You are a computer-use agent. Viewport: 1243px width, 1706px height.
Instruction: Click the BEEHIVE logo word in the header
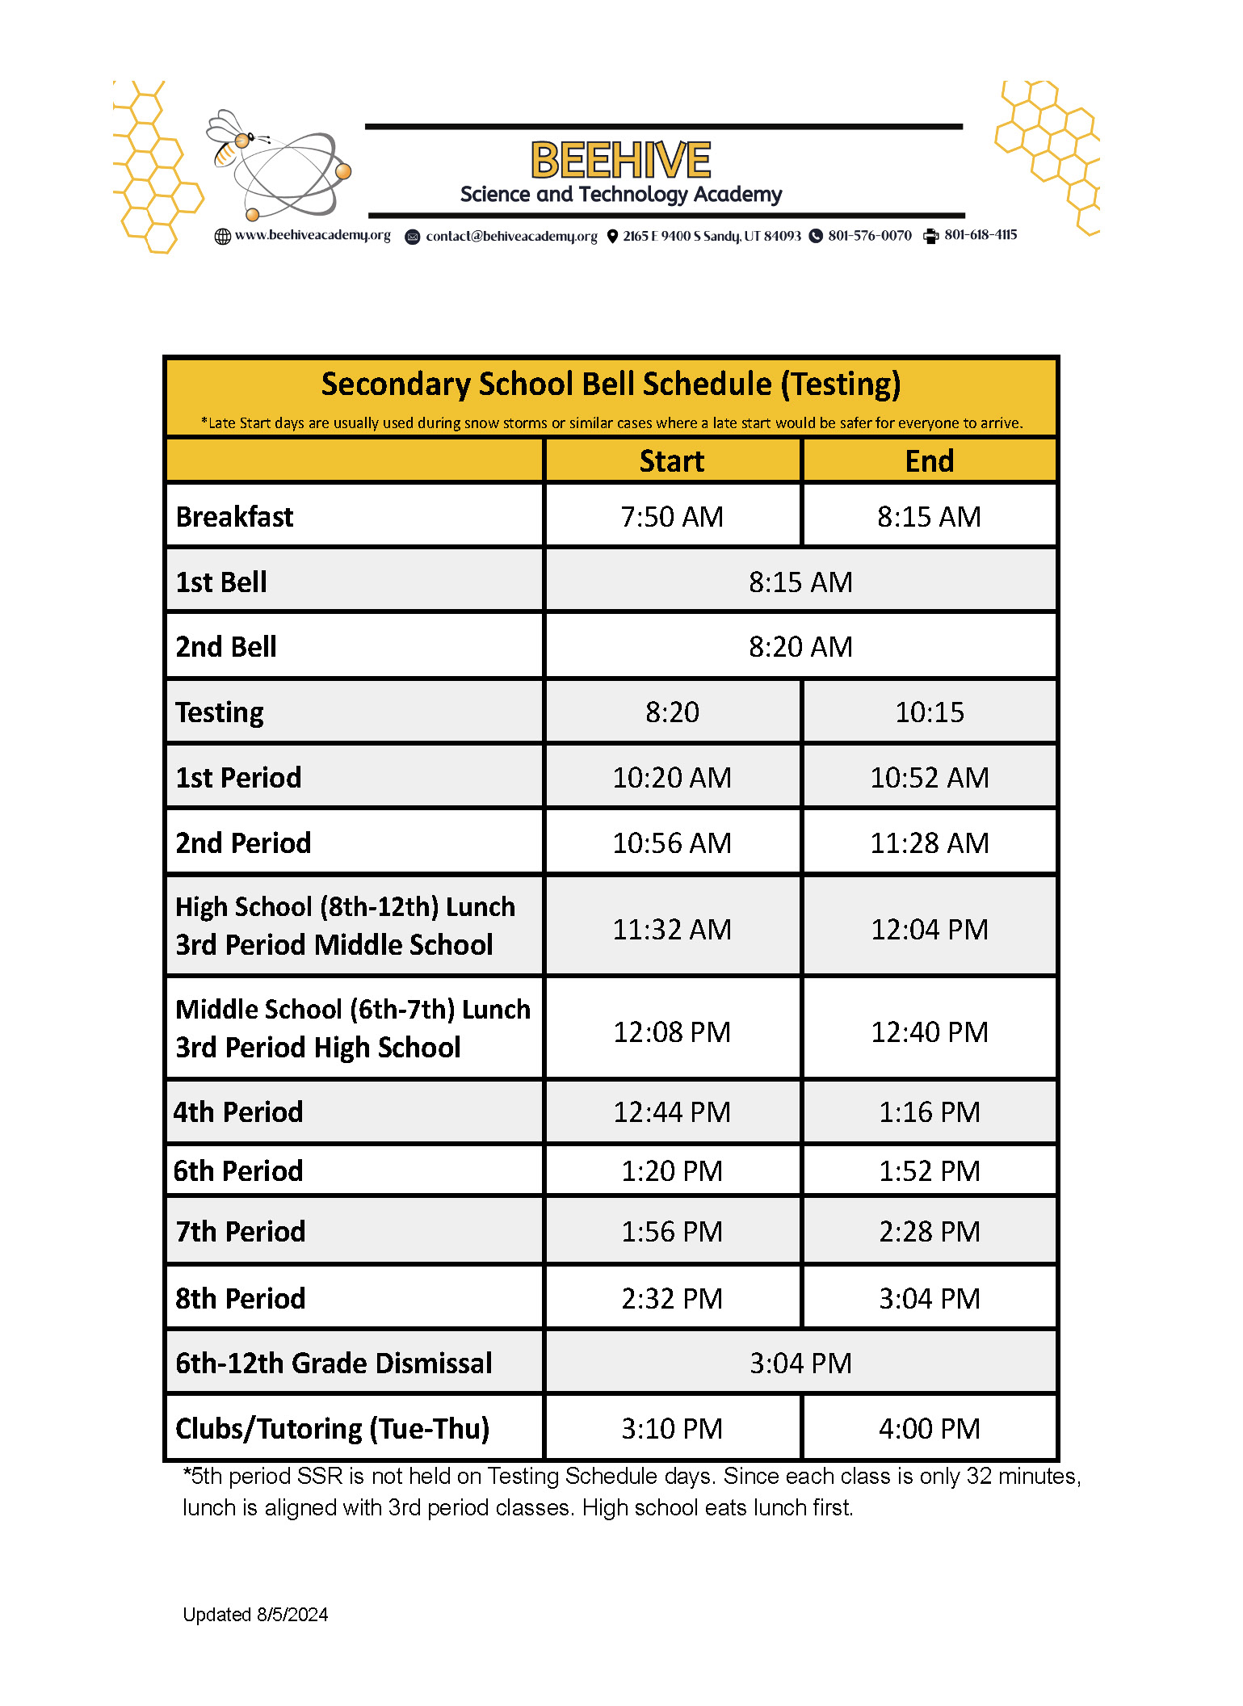click(x=620, y=159)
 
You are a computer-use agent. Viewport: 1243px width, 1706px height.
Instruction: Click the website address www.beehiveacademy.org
click(x=312, y=235)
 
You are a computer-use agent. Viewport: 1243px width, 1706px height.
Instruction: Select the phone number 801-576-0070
click(x=869, y=235)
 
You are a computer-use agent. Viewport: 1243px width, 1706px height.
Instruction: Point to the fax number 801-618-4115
click(x=980, y=235)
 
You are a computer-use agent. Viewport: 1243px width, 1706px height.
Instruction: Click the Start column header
click(x=671, y=461)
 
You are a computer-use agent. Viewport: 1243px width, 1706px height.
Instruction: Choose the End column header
click(x=929, y=461)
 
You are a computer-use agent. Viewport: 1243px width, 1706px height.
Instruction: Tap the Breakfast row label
click(x=235, y=517)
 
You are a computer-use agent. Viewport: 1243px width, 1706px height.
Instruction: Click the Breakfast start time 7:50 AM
click(x=671, y=517)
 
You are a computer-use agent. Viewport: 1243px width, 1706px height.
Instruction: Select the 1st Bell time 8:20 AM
click(x=800, y=647)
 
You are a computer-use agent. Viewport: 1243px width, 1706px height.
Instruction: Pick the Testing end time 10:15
click(x=929, y=712)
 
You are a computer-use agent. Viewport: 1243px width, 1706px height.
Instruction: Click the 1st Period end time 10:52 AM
click(x=929, y=778)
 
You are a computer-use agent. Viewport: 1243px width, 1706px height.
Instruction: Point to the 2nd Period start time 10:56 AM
click(x=671, y=843)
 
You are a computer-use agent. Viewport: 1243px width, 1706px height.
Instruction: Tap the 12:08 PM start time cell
click(x=671, y=1032)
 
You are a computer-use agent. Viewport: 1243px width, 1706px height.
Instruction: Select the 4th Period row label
click(x=239, y=1112)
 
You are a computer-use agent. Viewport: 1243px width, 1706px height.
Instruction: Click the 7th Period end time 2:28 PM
click(x=929, y=1232)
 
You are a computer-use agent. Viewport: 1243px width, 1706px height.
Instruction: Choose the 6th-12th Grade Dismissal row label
click(x=334, y=1364)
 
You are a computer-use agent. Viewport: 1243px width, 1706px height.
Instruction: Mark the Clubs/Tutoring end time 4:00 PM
click(x=929, y=1429)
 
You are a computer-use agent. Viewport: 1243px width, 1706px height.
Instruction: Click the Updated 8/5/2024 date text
click(x=255, y=1615)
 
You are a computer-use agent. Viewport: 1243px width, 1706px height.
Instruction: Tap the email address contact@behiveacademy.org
click(x=511, y=236)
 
